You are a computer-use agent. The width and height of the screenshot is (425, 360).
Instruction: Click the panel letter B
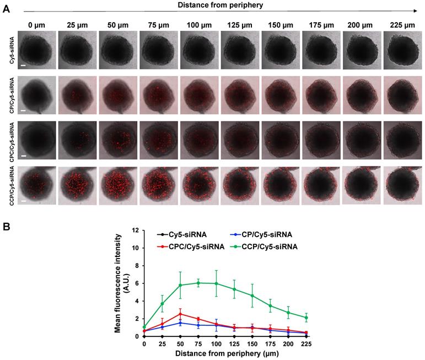pyautogui.click(x=6, y=227)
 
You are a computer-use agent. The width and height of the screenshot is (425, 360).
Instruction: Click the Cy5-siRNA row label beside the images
pyautogui.click(x=12, y=50)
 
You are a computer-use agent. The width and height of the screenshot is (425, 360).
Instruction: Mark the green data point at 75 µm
pyautogui.click(x=198, y=283)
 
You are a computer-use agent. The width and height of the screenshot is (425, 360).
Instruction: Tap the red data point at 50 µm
pyautogui.click(x=180, y=314)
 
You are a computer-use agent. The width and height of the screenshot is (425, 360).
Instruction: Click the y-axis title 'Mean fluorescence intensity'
pyautogui.click(x=119, y=282)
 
